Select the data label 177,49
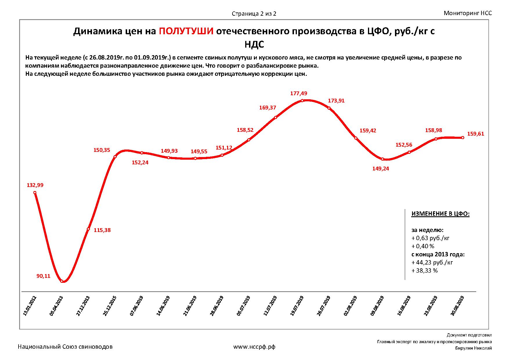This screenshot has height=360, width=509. (x=299, y=93)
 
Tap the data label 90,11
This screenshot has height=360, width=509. (x=43, y=276)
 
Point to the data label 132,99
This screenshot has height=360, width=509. (x=35, y=185)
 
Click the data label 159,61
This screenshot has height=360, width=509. (x=476, y=134)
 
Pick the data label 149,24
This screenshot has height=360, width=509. (x=380, y=169)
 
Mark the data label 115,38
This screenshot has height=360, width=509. (x=102, y=230)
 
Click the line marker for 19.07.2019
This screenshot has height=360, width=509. (x=302, y=101)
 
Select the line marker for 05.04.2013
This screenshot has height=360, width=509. (x=62, y=281)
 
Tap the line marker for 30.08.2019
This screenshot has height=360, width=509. (x=463, y=138)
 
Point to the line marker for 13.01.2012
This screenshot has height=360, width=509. (x=35, y=192)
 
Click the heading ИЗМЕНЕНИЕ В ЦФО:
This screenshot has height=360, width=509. (x=440, y=214)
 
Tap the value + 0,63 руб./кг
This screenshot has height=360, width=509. (x=430, y=238)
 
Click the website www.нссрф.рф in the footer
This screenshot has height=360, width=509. (x=254, y=347)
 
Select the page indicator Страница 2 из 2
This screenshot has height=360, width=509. (x=254, y=14)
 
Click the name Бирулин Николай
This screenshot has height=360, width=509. (x=473, y=348)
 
